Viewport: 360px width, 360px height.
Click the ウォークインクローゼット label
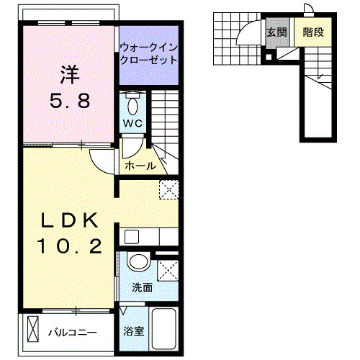tap(148, 55)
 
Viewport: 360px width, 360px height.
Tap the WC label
tap(133, 123)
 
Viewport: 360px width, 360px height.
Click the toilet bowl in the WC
tap(133, 104)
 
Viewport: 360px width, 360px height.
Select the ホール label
tap(140, 166)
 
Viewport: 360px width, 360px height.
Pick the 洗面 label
tap(142, 287)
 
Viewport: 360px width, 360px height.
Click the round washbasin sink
tap(138, 262)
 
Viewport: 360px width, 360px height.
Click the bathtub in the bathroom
tap(165, 330)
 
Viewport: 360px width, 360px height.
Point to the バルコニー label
tap(72, 333)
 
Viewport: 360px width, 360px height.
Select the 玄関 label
tap(276, 32)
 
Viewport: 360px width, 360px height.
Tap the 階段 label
tap(312, 32)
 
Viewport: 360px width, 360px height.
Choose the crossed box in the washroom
tap(167, 271)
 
